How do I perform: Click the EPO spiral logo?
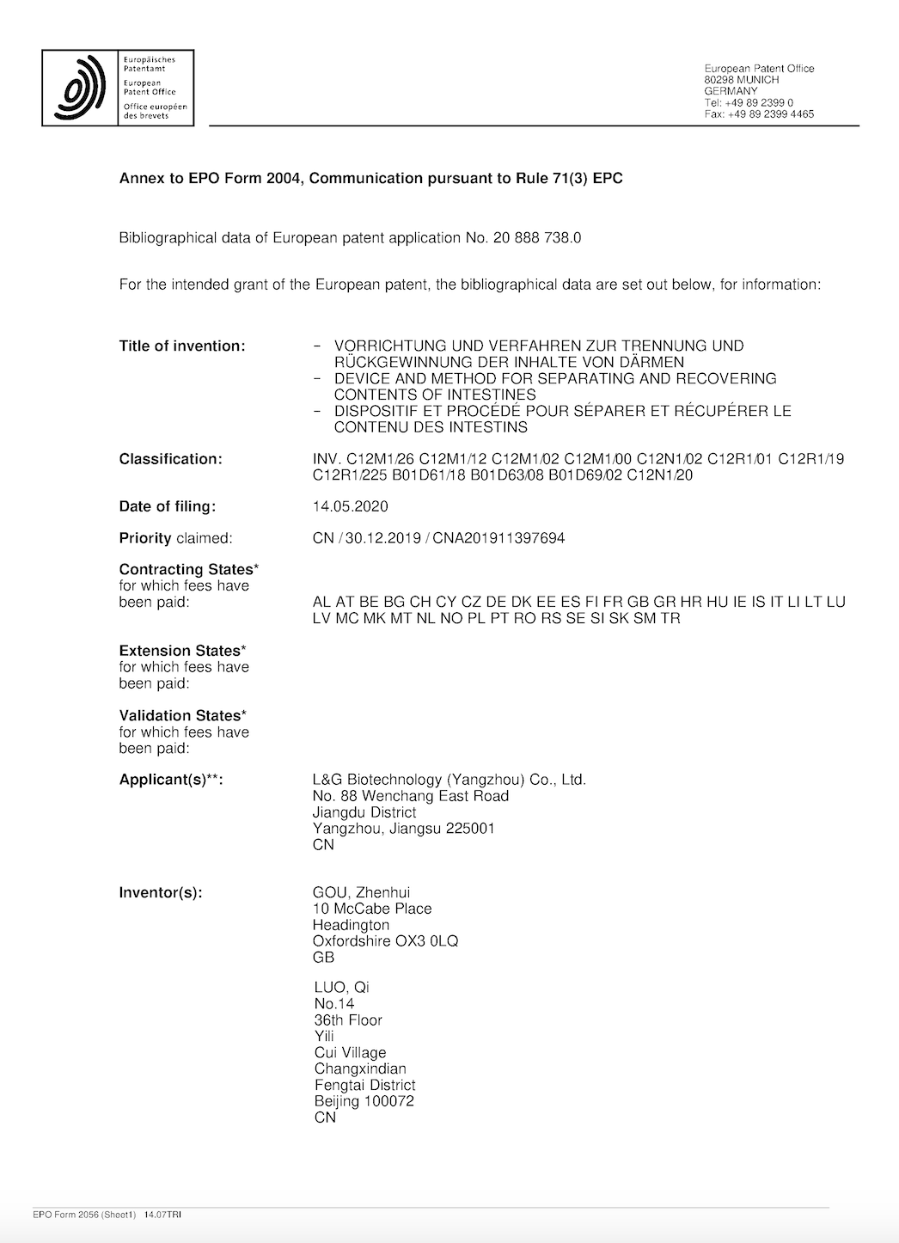80,88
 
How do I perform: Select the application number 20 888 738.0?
537,238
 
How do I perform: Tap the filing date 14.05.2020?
351,506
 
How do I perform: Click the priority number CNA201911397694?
498,538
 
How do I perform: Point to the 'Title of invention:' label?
182,346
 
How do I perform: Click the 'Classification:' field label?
170,459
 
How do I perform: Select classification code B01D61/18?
430,475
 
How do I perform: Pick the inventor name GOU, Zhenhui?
361,892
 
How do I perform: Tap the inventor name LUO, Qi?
342,987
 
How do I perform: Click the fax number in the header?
770,114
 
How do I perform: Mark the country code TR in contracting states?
670,618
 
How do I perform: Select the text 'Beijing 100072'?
364,1101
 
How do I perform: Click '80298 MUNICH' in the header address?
742,80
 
